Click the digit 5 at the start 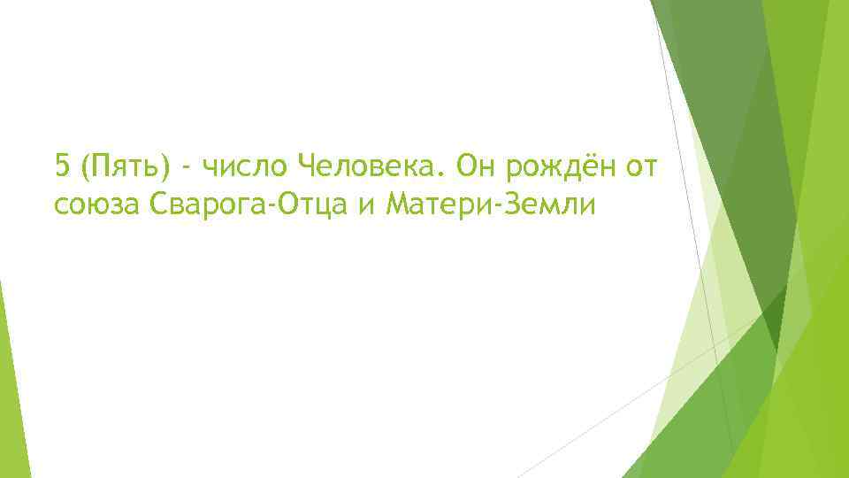click(61, 166)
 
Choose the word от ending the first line click(639, 166)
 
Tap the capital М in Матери click(388, 205)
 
